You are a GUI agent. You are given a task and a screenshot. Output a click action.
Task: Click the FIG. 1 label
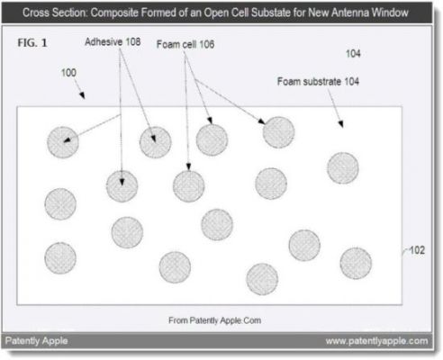32,43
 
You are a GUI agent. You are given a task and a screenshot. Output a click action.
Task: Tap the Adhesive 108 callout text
113,41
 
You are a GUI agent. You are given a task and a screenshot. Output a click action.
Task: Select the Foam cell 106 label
185,44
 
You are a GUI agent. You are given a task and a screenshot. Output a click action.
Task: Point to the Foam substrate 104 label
318,81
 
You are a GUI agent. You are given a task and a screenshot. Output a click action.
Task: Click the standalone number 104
353,54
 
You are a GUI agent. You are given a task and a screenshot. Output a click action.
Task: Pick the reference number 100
68,73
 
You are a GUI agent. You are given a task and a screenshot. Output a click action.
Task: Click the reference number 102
417,250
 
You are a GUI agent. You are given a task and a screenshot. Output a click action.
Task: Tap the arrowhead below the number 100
82,95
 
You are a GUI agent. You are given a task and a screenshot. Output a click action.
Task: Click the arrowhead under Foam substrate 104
340,123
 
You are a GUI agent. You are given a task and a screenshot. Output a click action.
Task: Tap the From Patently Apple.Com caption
214,320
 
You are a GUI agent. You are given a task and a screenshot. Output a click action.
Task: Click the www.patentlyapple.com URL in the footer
376,341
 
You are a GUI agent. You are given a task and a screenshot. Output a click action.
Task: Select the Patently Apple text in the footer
36,341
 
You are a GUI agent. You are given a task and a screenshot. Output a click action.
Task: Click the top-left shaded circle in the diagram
63,142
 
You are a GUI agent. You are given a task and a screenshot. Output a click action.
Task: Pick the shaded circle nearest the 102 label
356,264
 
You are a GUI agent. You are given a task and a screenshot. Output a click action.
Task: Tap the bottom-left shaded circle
60,258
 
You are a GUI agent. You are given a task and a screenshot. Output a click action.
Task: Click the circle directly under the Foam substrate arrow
343,168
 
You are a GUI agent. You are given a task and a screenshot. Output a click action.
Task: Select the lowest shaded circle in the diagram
262,279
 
